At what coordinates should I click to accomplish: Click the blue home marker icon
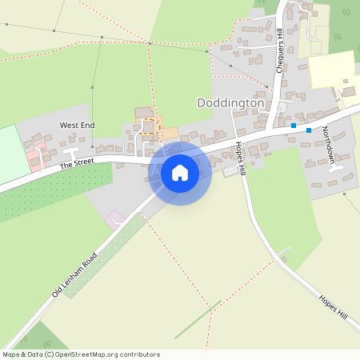tap(179, 172)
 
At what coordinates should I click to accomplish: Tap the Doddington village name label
tap(230, 103)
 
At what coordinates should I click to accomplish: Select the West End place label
tap(77, 126)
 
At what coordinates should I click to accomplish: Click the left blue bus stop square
tap(294, 126)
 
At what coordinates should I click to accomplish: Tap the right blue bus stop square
tap(309, 130)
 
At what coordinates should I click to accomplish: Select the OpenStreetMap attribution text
tap(81, 354)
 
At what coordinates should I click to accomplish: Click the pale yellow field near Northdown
tap(331, 70)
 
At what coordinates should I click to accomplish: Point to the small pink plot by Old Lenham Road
tap(115, 218)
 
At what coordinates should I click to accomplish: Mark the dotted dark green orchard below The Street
tap(48, 192)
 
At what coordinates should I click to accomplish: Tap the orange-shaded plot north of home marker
tap(170, 131)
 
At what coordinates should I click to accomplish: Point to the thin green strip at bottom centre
tap(197, 319)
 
